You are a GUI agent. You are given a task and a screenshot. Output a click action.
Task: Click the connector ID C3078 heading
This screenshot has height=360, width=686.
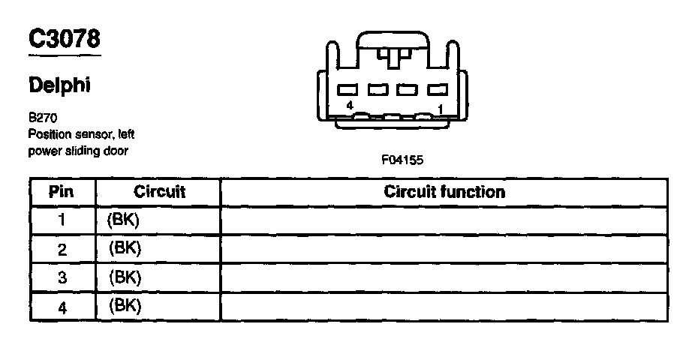64,38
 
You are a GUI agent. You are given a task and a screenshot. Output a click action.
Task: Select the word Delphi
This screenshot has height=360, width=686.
59,85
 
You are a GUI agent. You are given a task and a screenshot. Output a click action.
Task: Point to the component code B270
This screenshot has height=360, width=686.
43,118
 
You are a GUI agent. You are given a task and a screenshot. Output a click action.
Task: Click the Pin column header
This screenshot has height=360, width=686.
62,192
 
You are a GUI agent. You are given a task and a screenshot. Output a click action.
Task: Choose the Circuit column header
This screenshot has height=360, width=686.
159,192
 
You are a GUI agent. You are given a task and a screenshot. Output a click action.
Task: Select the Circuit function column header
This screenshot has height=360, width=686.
444,192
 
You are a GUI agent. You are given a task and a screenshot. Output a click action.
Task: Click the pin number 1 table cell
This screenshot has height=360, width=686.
62,220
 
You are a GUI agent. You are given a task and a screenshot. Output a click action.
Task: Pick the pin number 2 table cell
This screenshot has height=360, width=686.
62,248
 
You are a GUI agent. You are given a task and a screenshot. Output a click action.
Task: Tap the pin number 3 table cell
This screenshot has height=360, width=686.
62,277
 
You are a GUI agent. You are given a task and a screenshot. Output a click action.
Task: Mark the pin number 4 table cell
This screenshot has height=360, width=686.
62,306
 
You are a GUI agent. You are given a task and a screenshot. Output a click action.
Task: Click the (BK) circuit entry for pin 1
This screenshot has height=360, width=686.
125,220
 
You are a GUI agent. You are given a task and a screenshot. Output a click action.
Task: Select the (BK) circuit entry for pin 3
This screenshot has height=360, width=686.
125,277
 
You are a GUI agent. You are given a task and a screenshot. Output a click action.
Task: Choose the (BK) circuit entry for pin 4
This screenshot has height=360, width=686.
125,305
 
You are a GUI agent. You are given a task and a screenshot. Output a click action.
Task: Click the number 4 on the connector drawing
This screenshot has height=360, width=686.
350,106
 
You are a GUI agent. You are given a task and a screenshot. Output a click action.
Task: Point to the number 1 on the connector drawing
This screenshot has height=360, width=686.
440,108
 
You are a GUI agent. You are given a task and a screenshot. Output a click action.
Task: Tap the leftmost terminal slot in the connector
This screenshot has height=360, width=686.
348,89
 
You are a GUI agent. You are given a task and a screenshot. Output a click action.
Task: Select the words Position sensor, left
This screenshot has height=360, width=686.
81,134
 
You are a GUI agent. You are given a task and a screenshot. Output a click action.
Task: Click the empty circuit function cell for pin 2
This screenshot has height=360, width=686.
444,248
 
